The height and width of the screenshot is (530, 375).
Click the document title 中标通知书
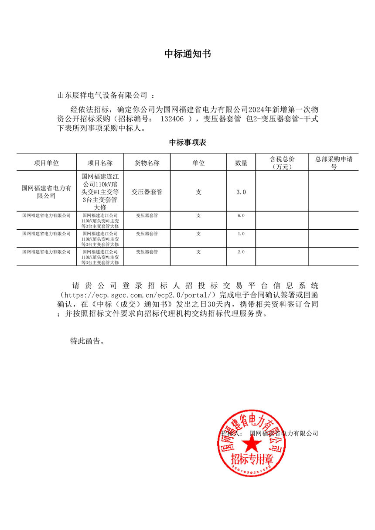pyautogui.click(x=187, y=54)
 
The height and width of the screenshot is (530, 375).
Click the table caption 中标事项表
pyautogui.click(x=187, y=143)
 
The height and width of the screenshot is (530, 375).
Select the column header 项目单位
pyautogui.click(x=46, y=163)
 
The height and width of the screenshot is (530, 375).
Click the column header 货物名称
pyautogui.click(x=147, y=163)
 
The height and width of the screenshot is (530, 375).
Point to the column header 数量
pyautogui.click(x=241, y=163)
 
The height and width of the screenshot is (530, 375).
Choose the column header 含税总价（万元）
pyautogui.click(x=282, y=163)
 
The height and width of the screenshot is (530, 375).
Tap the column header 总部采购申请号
pyautogui.click(x=334, y=163)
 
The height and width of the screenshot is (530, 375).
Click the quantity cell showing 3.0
pyautogui.click(x=241, y=192)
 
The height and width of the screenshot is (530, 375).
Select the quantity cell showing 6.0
pyautogui.click(x=241, y=215)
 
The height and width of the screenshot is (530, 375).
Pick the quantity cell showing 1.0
pyautogui.click(x=241, y=234)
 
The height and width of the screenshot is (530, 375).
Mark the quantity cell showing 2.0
pyautogui.click(x=241, y=252)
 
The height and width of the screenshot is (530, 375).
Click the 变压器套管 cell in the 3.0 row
pyautogui.click(x=147, y=192)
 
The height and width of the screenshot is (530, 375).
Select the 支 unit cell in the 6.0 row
pyautogui.click(x=198, y=215)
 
